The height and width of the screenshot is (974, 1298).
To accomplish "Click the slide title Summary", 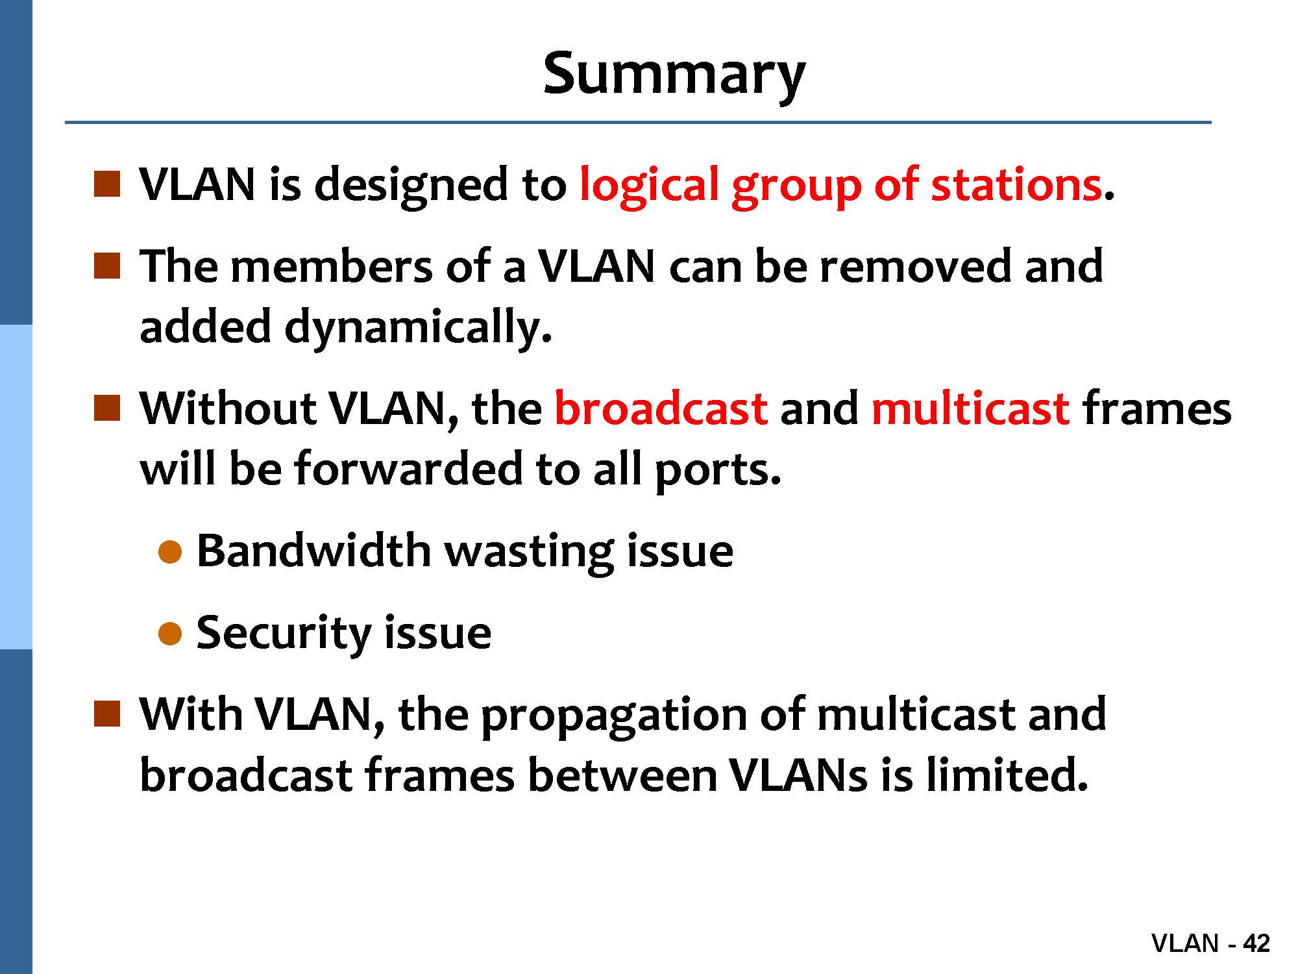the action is (674, 75).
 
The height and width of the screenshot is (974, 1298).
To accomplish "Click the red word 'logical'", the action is (649, 186).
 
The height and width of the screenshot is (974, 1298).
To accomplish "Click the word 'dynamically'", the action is (413, 327).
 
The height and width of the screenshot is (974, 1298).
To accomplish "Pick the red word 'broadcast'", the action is (661, 408).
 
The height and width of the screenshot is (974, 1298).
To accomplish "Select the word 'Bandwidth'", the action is (313, 551).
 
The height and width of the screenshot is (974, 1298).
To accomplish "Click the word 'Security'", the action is (284, 633).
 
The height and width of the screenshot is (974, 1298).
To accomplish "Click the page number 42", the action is (1256, 943).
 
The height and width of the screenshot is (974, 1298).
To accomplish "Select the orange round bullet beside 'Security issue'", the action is (169, 634).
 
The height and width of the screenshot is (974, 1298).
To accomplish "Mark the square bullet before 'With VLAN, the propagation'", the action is (107, 714).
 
